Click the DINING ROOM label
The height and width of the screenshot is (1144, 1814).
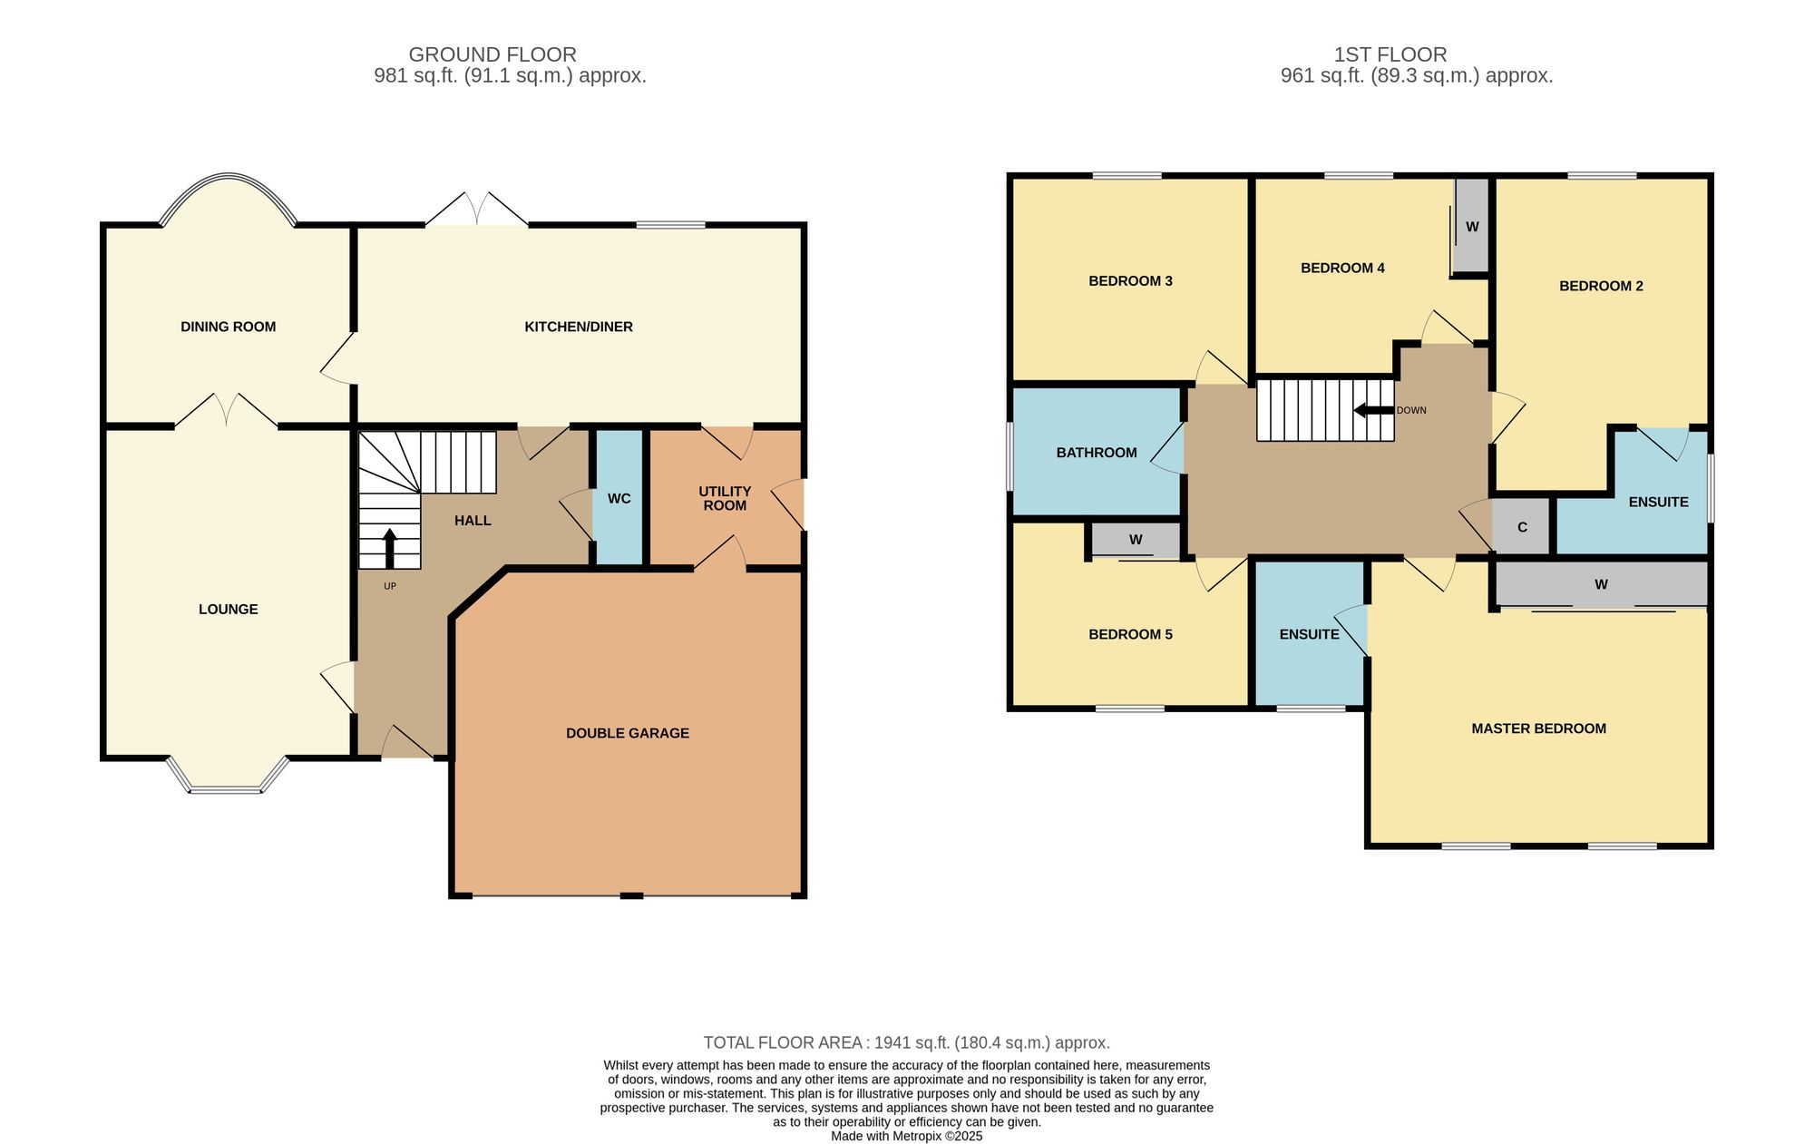point(228,327)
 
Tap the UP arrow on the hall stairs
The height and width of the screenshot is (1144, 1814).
point(390,549)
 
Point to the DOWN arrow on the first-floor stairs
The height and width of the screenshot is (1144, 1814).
point(1373,410)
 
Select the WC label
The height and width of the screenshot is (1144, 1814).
point(619,498)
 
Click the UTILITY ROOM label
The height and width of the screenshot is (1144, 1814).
point(725,498)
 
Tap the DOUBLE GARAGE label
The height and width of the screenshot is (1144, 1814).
point(628,733)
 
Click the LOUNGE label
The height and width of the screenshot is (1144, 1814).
point(229,609)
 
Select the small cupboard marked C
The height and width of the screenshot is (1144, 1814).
point(1522,527)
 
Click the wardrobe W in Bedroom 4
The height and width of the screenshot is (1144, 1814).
point(1471,226)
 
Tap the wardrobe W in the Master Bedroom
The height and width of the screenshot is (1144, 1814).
point(1601,584)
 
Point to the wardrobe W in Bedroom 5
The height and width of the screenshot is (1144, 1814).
point(1136,540)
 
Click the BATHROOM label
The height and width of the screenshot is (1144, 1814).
point(1097,453)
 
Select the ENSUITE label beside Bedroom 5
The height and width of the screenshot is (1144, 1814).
point(1309,634)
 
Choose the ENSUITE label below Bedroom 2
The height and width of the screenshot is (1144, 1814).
point(1658,502)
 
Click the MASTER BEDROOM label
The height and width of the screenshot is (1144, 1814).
point(1538,728)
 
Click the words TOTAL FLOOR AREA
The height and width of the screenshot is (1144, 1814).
point(783,1043)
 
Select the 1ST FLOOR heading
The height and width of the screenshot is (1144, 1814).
point(1390,54)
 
